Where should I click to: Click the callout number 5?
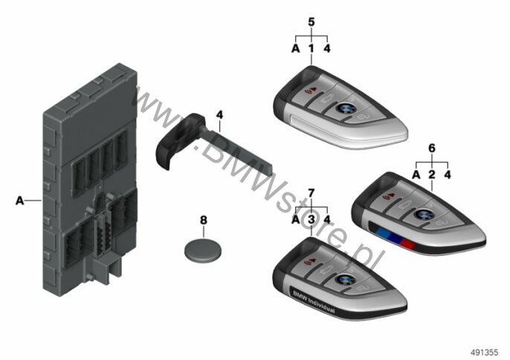(x=312, y=22)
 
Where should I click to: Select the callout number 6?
(x=432, y=148)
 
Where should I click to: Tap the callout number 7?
(x=312, y=193)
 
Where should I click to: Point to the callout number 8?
(x=203, y=220)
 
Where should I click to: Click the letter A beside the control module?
(x=20, y=201)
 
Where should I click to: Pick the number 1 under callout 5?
(x=312, y=48)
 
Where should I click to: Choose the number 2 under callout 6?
(x=432, y=175)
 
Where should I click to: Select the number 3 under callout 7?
(x=312, y=219)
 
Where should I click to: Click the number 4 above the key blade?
(x=220, y=115)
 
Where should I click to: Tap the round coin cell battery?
(x=203, y=250)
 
